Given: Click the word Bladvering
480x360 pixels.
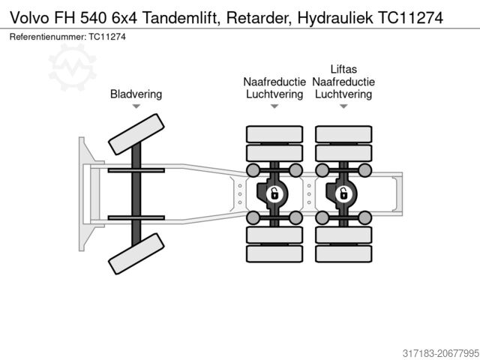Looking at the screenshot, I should pyautogui.click(x=136, y=94).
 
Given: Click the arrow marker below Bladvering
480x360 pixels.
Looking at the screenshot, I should pyautogui.click(x=136, y=107).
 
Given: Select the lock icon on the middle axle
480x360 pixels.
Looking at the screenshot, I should pyautogui.click(x=274, y=195).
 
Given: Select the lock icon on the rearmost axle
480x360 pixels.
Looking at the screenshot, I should pyautogui.click(x=343, y=195).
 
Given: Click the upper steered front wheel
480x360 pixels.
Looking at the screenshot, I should pyautogui.click(x=136, y=135).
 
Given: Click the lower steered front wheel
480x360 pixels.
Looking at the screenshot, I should pyautogui.click(x=136, y=253).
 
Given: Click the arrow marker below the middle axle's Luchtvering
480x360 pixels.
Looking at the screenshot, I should pyautogui.click(x=274, y=107).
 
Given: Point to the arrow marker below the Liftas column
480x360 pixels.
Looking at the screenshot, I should pyautogui.click(x=343, y=107).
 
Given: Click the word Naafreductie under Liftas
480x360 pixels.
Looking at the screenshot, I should pyautogui.click(x=343, y=82).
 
